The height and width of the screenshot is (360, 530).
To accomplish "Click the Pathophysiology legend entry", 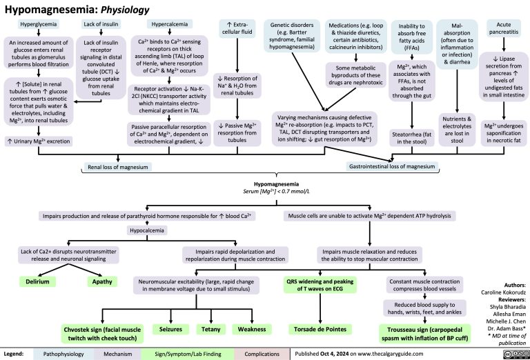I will coord(63,352).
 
